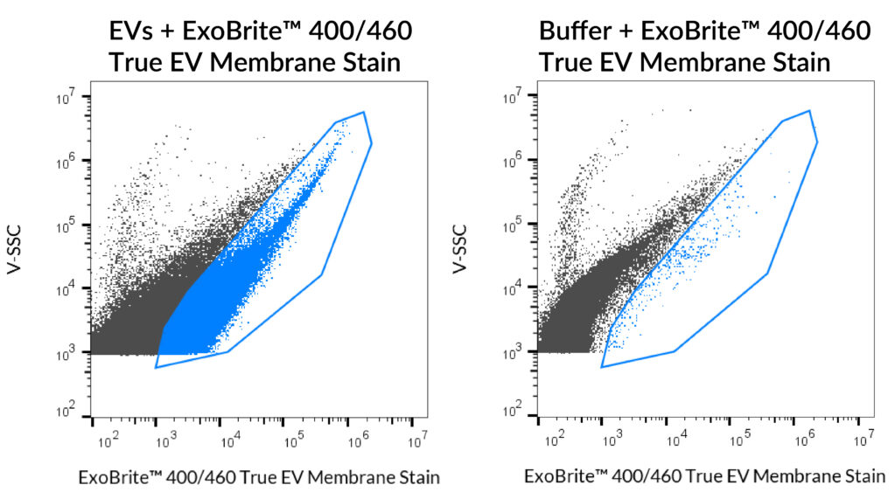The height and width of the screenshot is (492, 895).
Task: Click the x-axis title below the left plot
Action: coord(259,477)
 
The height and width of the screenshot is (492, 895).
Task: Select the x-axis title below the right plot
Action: coord(705,477)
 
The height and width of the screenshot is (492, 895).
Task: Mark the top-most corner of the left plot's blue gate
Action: coord(363,112)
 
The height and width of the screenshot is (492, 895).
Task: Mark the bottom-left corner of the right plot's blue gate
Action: coord(602,367)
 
